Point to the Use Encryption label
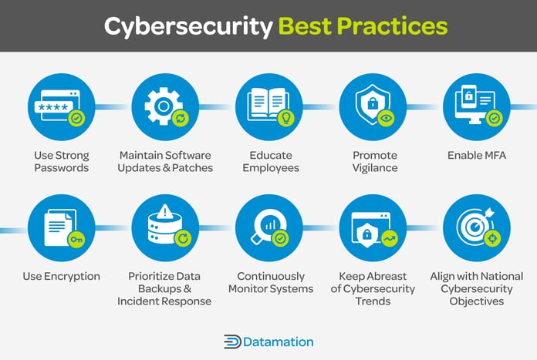[62, 276]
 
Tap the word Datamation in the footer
[279, 341]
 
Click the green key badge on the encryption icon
[77, 241]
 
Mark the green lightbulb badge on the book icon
[285, 118]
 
